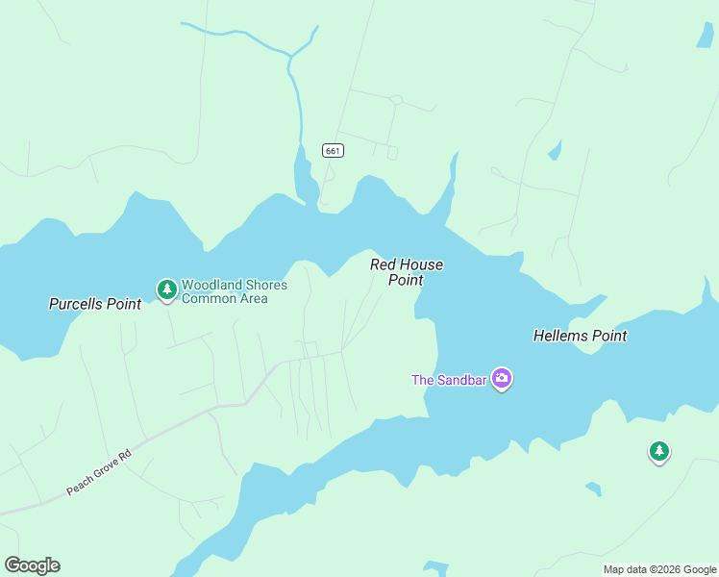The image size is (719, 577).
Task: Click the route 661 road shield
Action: tap(332, 150)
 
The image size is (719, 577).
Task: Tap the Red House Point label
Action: tap(407, 272)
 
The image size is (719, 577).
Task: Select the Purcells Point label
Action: tap(95, 304)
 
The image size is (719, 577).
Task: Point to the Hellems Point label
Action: tap(580, 336)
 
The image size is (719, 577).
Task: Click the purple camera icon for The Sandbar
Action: tap(501, 378)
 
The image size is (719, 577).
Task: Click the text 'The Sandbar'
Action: tap(450, 380)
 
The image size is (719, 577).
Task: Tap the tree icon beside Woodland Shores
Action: tap(167, 288)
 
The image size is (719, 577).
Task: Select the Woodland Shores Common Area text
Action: tap(235, 291)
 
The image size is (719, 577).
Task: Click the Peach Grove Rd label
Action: tap(97, 474)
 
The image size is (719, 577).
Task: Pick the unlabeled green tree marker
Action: tap(658, 450)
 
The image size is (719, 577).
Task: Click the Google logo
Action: tap(32, 564)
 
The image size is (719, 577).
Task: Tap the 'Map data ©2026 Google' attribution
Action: tap(659, 569)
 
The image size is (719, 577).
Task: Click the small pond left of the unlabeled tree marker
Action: tap(593, 489)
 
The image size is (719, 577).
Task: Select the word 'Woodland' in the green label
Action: tap(211, 285)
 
